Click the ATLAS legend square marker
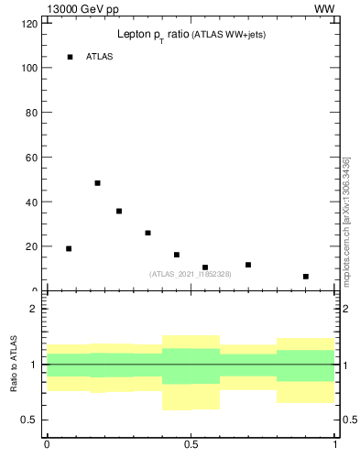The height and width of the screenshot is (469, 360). click(x=70, y=57)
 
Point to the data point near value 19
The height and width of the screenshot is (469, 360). click(x=69, y=248)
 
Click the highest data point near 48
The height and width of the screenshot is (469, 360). click(x=97, y=183)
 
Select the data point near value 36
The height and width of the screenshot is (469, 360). click(x=119, y=211)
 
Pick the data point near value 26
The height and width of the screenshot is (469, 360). click(x=147, y=233)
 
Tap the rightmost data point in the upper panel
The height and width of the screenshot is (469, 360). click(x=306, y=276)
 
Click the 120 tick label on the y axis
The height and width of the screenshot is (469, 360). click(x=29, y=24)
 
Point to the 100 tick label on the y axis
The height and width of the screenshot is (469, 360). click(x=29, y=69)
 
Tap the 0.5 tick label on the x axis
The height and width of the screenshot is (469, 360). click(x=191, y=445)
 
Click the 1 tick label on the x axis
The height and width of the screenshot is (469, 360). click(x=335, y=445)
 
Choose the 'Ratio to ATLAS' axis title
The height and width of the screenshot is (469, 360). click(x=15, y=363)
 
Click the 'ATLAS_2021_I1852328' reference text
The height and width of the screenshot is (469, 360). click(x=191, y=274)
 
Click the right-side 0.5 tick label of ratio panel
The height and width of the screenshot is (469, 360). click(x=349, y=420)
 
